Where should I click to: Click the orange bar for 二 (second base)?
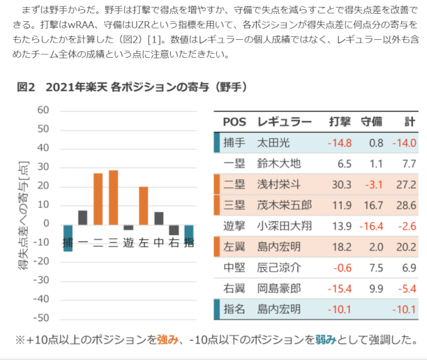[x=98, y=198]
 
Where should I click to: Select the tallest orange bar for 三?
[x=114, y=197]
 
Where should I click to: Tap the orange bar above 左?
[x=143, y=205]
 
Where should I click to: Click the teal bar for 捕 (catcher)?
[x=67, y=238]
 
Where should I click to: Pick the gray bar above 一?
[x=83, y=217]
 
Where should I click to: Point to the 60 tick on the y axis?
[x=43, y=110]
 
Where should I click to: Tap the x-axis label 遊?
[x=129, y=243]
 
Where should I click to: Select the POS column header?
[x=234, y=122]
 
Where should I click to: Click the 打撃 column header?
[x=340, y=122]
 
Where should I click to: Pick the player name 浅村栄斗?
[x=279, y=185]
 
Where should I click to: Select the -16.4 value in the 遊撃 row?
[x=371, y=226]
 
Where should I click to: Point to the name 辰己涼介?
[x=279, y=268]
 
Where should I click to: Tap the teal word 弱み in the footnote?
[x=325, y=340]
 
